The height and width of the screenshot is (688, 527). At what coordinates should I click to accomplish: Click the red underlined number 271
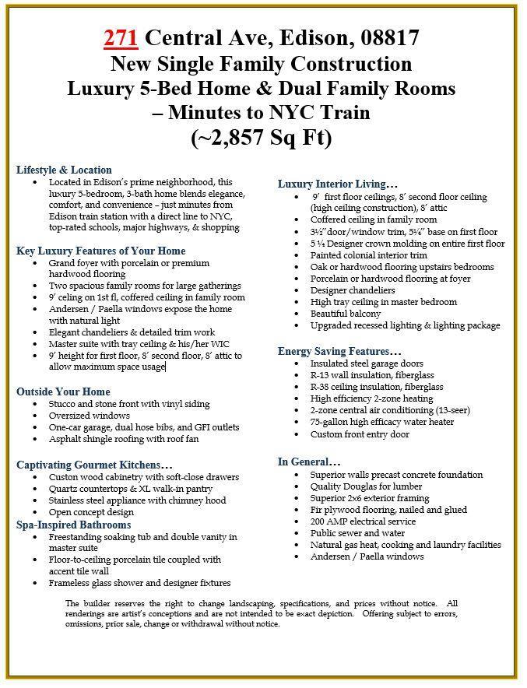tap(121, 37)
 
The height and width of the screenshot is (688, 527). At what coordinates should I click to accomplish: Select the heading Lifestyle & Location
tap(64, 170)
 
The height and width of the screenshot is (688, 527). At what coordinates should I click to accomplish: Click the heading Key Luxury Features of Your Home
tap(100, 251)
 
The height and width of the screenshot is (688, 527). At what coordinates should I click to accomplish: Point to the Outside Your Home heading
tap(63, 391)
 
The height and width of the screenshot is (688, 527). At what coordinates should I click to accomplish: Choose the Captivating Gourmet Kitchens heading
tap(94, 465)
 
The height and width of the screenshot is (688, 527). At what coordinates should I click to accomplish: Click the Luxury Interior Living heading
tap(338, 184)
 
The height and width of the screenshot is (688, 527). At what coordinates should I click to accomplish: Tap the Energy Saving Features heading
tap(339, 351)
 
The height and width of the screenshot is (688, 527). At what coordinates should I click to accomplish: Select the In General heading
tap(309, 462)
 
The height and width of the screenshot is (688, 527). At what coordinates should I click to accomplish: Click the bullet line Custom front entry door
tap(359, 434)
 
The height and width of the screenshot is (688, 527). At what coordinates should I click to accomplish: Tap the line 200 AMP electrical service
tap(363, 521)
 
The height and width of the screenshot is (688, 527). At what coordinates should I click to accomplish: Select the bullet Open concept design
tap(92, 512)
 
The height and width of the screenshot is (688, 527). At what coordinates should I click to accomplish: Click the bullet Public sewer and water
tap(357, 533)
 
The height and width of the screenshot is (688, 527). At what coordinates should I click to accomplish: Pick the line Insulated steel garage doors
tap(366, 363)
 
